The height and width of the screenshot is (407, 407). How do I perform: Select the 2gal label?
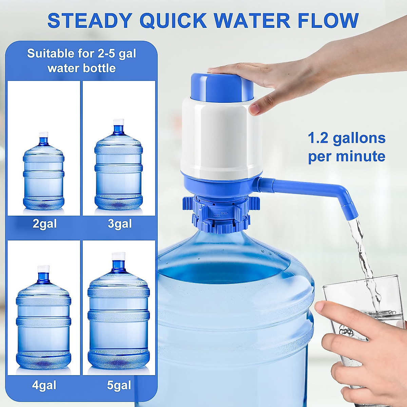point(44,224)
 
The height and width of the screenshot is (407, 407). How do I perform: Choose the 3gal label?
point(120,224)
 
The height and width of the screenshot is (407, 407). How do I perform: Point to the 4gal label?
point(44,385)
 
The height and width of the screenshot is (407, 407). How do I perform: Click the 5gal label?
point(119,385)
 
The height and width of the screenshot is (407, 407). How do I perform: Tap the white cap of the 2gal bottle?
point(43,135)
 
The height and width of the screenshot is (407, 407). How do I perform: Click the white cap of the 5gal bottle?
point(119,256)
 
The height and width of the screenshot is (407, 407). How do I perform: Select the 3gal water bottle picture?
point(118,166)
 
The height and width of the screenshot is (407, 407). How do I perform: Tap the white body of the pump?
point(220,136)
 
